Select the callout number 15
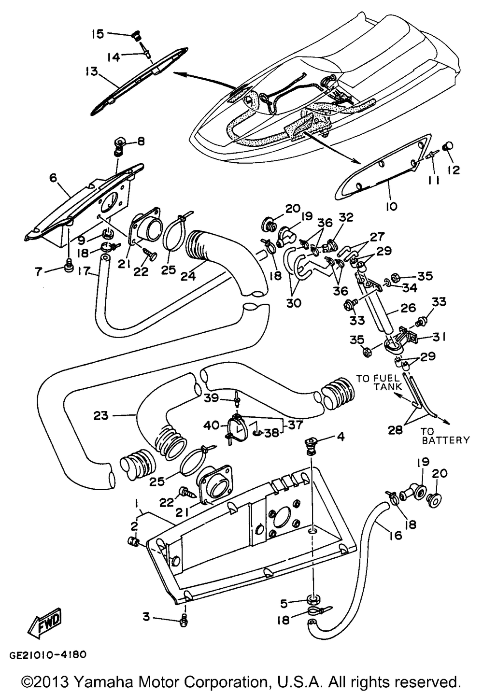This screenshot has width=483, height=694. [98, 34]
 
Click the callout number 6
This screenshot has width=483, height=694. [53, 178]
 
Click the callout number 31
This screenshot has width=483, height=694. [440, 337]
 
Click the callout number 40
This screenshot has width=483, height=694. [212, 425]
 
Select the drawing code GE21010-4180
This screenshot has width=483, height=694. [47, 655]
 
